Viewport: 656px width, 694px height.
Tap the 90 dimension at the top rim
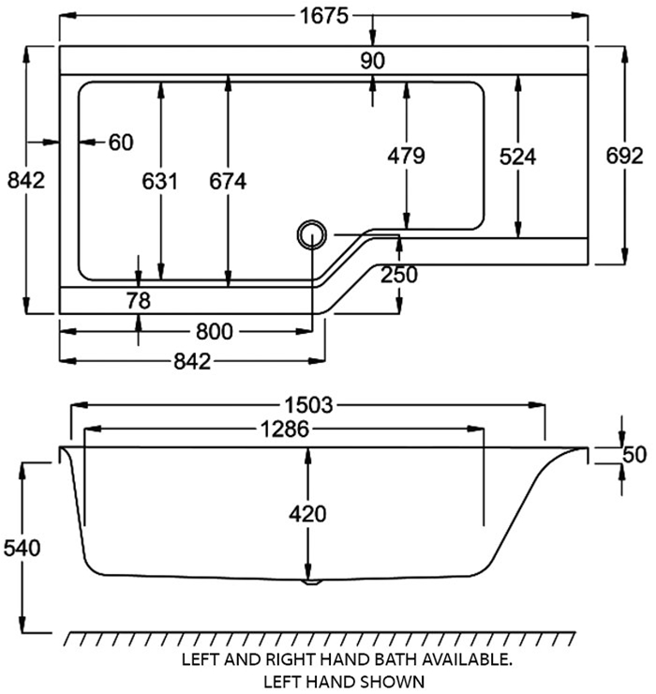(373, 61)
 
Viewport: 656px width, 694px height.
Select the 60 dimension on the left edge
(121, 143)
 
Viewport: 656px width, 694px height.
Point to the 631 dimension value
(160, 181)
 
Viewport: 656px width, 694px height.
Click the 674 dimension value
(228, 181)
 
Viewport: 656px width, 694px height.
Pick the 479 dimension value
(406, 156)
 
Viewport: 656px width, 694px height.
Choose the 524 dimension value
(517, 157)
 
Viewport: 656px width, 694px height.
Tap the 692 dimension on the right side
(624, 156)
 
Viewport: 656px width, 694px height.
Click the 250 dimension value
(399, 275)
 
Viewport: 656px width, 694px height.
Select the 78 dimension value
(139, 300)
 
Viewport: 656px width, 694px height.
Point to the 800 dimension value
(214, 330)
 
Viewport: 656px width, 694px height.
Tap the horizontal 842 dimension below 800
(191, 360)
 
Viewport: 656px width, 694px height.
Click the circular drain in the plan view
(310, 234)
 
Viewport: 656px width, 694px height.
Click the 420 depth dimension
(307, 514)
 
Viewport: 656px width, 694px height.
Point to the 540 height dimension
(22, 548)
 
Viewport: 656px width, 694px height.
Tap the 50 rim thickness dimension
(634, 455)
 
